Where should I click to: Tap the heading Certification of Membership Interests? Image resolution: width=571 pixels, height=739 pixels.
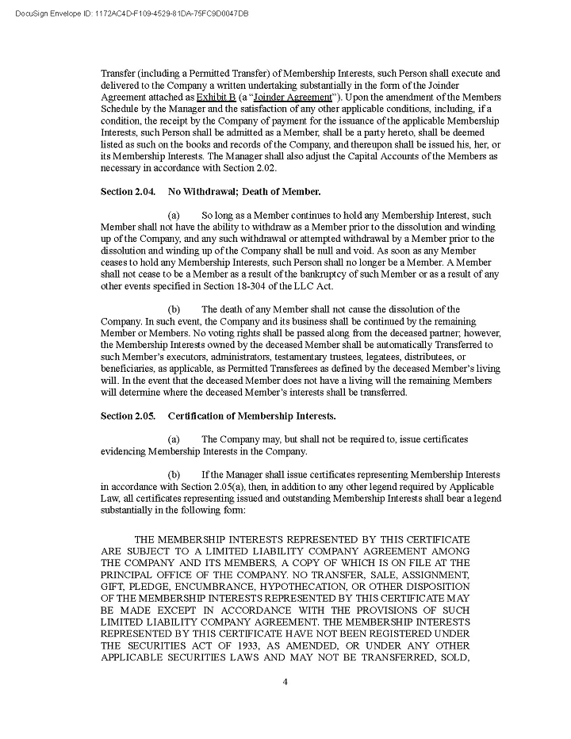(251, 416)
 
